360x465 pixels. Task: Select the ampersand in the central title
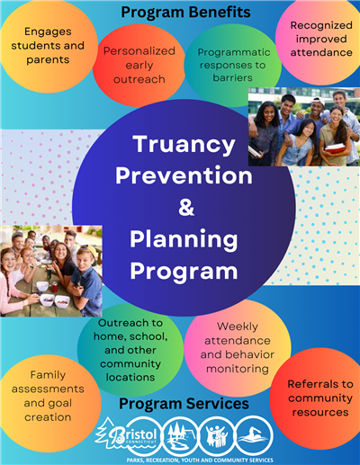point(185,208)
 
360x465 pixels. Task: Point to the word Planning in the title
point(184,239)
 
